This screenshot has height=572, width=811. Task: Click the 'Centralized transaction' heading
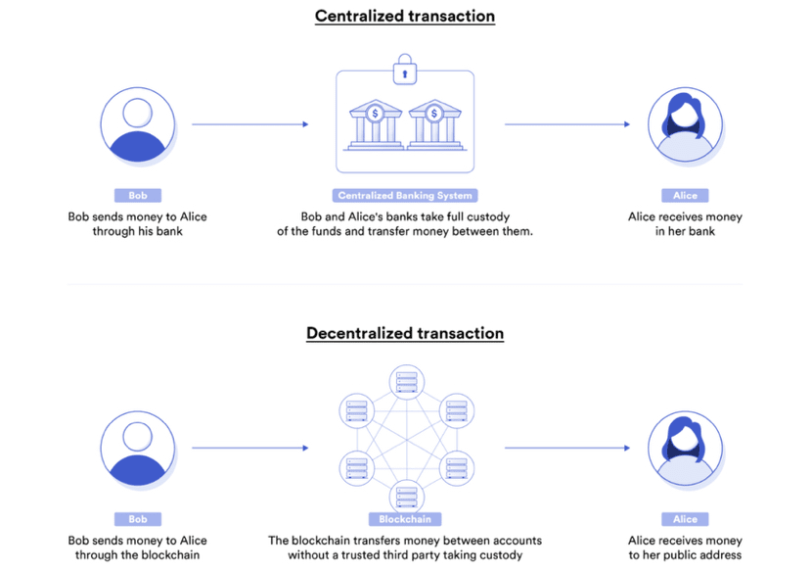[405, 16]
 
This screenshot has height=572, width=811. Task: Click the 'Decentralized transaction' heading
[405, 333]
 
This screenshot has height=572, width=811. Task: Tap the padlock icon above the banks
[405, 70]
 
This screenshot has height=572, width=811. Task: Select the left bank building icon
[376, 124]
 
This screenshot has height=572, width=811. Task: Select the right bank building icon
[435, 124]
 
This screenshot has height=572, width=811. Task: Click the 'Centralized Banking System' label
[405, 196]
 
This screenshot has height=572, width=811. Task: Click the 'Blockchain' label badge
[405, 519]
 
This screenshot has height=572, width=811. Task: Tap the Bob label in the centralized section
[138, 196]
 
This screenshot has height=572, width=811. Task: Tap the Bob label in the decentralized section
[138, 519]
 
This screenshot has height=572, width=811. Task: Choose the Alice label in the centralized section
[686, 196]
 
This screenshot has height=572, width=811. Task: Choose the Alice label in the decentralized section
[686, 519]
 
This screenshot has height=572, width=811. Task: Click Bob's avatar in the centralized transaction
[138, 125]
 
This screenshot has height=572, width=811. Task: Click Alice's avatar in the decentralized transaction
[686, 449]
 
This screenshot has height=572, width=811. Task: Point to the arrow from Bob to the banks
[250, 124]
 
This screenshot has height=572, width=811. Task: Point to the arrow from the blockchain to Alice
[567, 448]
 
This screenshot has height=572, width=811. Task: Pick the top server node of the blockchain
[407, 382]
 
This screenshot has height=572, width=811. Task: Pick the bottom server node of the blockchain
[407, 497]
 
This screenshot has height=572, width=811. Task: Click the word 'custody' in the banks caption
[488, 216]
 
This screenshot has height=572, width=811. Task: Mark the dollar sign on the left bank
[375, 114]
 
